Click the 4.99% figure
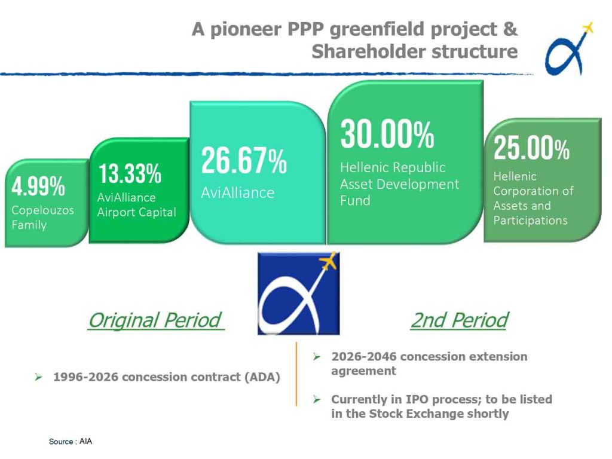(38, 186)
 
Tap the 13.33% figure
(130, 173)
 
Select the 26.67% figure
(244, 160)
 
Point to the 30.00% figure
(387, 134)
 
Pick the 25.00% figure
(531, 148)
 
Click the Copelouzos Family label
(42, 218)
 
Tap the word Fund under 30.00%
(355, 201)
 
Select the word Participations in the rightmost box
(530, 221)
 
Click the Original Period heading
(156, 320)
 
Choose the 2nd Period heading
(460, 320)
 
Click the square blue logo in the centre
(299, 293)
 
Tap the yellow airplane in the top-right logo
(587, 29)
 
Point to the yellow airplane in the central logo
(328, 262)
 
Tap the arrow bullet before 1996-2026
(38, 377)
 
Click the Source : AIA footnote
(71, 442)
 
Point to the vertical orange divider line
(296, 374)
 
